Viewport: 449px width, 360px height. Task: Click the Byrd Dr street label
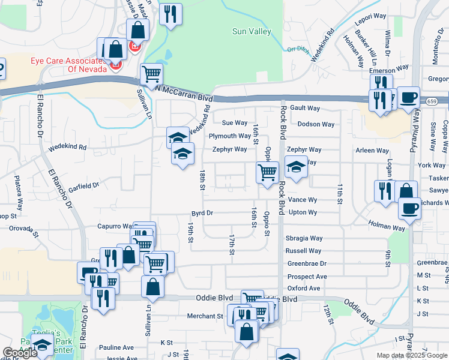202,213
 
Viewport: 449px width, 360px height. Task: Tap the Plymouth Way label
229,136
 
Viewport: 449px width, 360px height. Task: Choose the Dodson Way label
316,124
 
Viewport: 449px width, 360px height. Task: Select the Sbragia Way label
304,238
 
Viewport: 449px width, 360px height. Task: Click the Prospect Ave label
307,277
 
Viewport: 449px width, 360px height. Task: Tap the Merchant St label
205,316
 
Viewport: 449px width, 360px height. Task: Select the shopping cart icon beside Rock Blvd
267,173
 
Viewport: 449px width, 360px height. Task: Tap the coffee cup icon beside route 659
409,98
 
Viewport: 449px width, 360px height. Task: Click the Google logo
20,353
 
